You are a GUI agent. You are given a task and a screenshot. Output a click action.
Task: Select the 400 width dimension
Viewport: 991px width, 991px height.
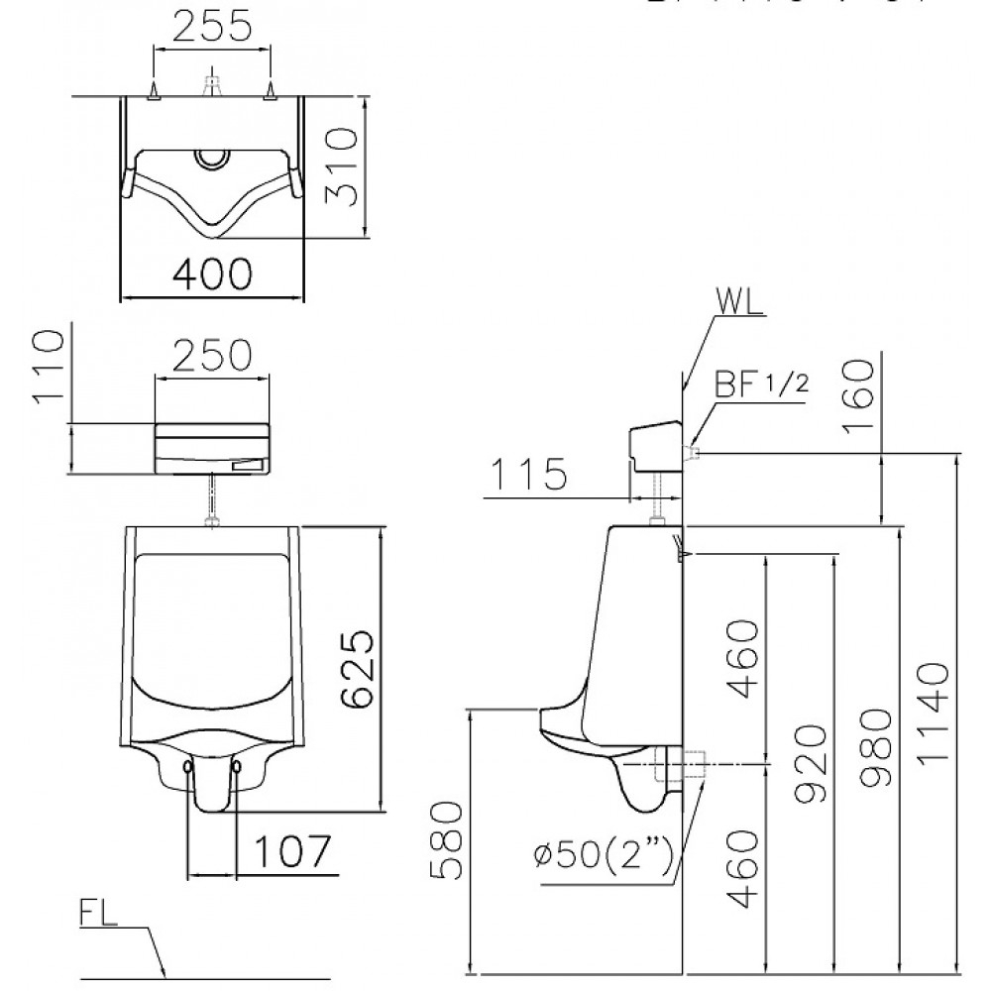point(212,273)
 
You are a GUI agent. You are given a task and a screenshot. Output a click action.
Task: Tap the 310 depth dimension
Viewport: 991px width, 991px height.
point(342,165)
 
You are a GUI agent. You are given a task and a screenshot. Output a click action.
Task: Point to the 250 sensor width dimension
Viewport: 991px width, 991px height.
point(214,354)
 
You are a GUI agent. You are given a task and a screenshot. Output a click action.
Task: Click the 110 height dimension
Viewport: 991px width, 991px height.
point(49,369)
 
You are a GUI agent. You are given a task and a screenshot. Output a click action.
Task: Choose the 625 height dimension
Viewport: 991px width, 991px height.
point(356,669)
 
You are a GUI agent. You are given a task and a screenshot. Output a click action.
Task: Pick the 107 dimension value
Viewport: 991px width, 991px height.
point(288,850)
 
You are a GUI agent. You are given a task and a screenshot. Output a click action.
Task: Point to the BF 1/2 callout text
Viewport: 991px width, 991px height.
point(757,385)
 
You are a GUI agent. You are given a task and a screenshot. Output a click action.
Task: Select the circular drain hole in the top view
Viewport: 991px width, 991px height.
point(212,157)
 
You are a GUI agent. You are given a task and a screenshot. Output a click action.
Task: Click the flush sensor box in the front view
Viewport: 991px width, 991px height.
point(212,449)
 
